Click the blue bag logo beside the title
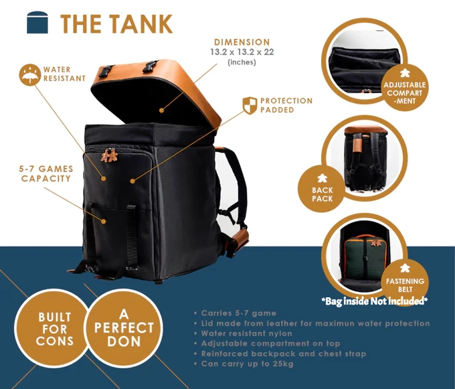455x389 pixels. point(38,21)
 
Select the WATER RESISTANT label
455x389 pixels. point(64,74)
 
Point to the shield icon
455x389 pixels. point(249,105)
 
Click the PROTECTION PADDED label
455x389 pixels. point(286,105)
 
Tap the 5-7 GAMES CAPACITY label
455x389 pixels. point(46,173)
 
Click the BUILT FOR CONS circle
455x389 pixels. point(53,330)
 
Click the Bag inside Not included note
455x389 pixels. point(374,301)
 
